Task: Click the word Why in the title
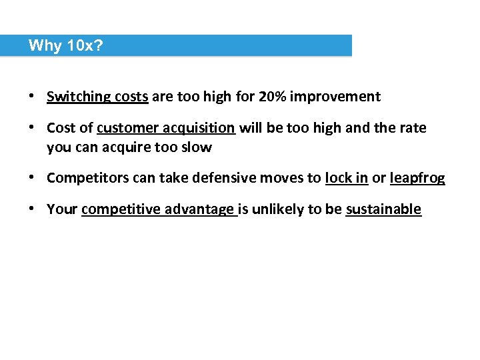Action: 45,45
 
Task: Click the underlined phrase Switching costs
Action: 97,97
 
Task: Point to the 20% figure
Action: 272,97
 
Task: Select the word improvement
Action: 335,97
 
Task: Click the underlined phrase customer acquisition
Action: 166,128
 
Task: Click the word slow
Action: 196,148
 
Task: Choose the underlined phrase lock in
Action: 347,179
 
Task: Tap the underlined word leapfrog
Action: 417,179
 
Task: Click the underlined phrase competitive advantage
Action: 159,210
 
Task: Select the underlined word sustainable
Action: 383,210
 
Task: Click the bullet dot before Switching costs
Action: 32,97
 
